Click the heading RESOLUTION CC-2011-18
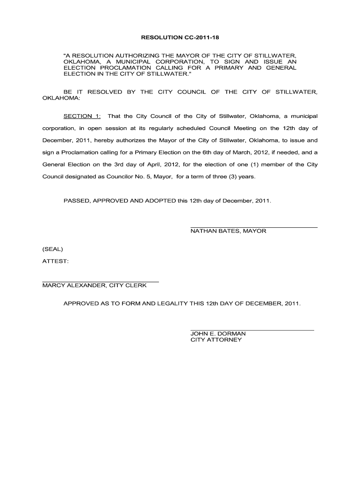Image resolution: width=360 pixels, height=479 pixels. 180,36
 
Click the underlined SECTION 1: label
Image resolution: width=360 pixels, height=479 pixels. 82,116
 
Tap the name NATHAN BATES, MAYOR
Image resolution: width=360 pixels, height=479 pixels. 228,231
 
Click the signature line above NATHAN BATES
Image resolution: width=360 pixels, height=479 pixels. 254,227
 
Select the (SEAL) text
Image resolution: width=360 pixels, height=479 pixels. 52,249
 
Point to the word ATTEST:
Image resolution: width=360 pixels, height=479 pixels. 56,261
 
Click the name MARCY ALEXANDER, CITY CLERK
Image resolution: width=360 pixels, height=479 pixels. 94,285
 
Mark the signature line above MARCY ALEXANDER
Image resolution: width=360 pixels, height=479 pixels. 101,282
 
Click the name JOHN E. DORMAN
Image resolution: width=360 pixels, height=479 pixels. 218,334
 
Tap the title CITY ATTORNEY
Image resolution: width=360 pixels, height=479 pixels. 216,340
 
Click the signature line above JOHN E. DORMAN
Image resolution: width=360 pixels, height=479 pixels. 252,330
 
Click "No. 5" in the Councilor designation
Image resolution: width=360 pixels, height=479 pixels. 128,177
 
